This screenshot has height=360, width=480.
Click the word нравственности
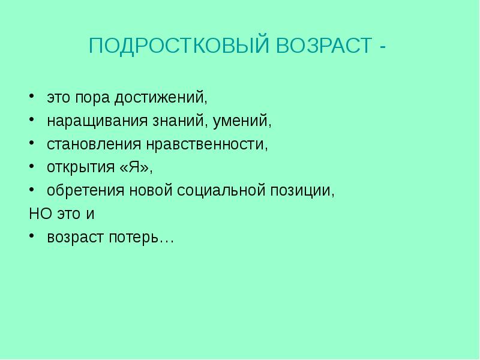(x=204, y=145)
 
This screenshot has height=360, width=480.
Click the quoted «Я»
(x=140, y=167)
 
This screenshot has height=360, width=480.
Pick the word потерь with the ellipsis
(x=149, y=238)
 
